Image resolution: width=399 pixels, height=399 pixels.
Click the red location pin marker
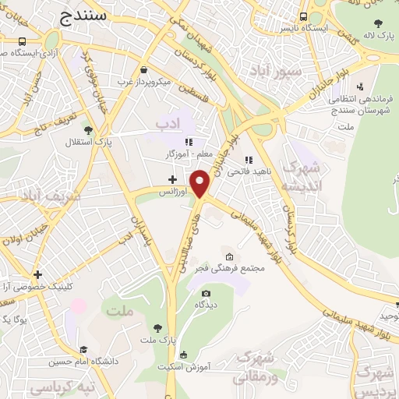click(201, 183)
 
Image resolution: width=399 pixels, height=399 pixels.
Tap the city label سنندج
click(87, 14)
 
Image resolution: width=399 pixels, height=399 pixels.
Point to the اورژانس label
click(173, 191)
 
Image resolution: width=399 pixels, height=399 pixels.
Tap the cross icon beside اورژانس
click(172, 179)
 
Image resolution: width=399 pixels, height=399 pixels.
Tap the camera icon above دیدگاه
click(206, 294)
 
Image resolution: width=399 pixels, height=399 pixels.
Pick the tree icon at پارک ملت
click(158, 328)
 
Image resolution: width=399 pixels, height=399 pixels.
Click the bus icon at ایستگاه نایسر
click(302, 16)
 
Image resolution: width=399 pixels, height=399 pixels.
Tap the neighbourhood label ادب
click(167, 123)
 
